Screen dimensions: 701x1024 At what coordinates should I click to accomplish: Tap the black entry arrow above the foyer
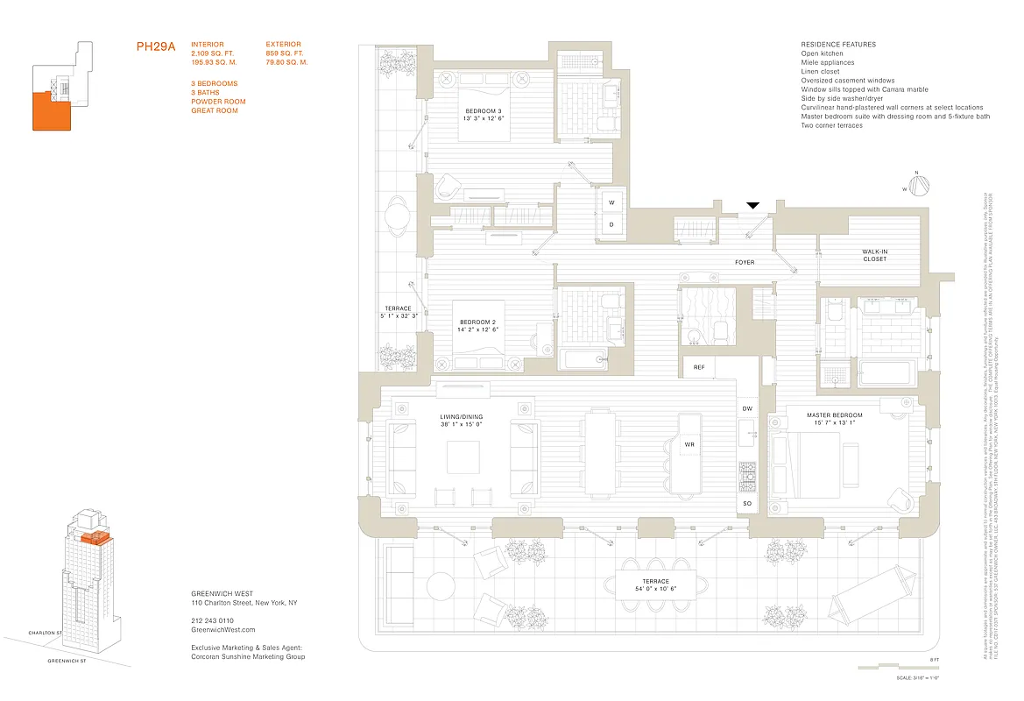[x=752, y=206]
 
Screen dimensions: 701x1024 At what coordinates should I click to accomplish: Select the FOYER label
[x=745, y=262]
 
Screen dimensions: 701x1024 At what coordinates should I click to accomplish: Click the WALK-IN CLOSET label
[x=874, y=255]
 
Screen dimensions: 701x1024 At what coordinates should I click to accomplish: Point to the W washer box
[x=612, y=202]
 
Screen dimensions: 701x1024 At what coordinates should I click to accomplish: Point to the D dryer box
[x=612, y=223]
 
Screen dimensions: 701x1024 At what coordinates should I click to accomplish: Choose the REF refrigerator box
[x=699, y=367]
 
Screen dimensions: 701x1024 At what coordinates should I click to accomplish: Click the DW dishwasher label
[x=747, y=409]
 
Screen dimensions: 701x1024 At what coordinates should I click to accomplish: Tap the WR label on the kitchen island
[x=689, y=445]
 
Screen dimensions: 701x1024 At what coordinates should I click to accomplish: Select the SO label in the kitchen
[x=747, y=504]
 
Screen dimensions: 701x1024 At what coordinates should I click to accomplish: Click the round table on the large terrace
[x=440, y=584]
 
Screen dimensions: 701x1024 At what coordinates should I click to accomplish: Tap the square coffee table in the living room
[x=463, y=457]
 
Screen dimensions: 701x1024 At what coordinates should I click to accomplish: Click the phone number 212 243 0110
[x=214, y=620]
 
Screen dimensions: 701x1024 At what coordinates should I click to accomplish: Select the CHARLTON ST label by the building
[x=45, y=632]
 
